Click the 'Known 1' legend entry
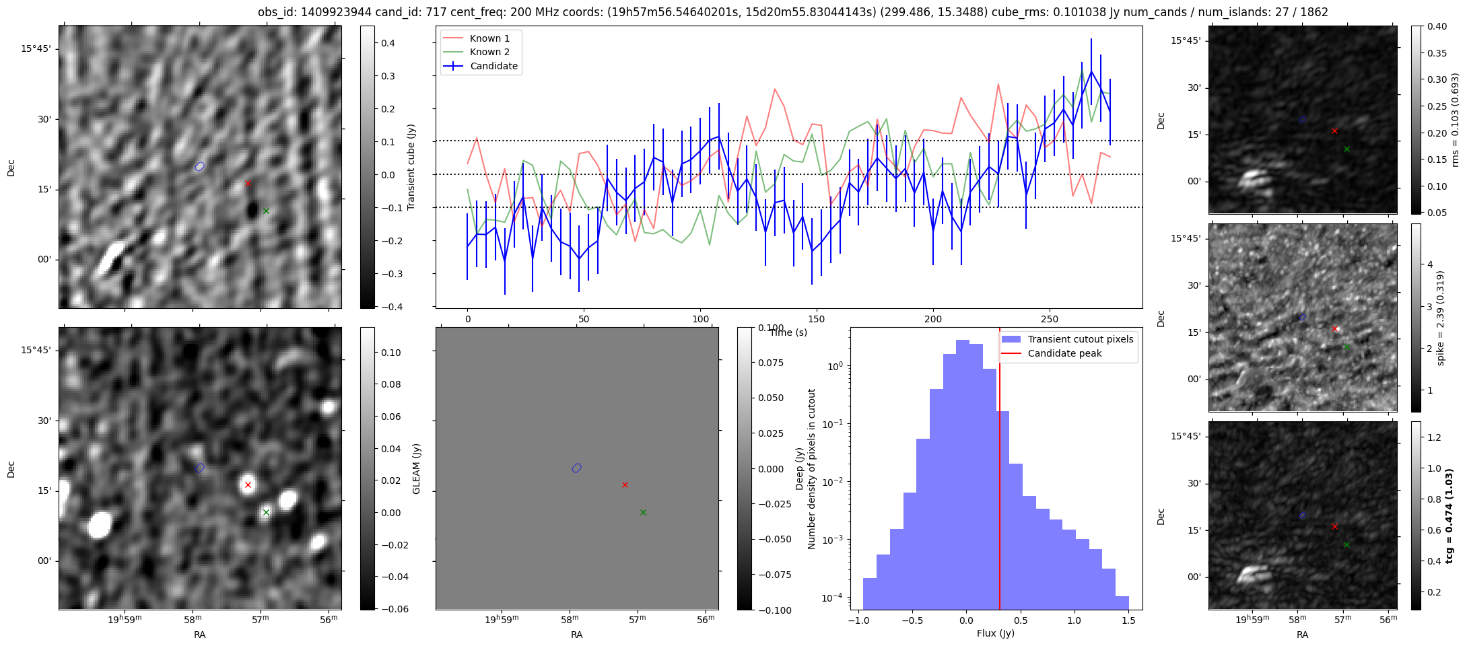(x=489, y=38)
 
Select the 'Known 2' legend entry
(x=489, y=52)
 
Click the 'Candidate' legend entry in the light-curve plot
(x=493, y=66)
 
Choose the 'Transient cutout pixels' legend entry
(x=1080, y=339)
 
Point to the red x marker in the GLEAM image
(x=248, y=485)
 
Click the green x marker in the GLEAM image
(x=266, y=512)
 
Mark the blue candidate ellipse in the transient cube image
(x=199, y=166)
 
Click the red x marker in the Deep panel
(x=625, y=485)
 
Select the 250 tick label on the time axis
(x=1049, y=319)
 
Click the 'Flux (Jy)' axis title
(x=995, y=633)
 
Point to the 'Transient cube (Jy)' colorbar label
(x=411, y=167)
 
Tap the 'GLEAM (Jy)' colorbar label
(x=416, y=469)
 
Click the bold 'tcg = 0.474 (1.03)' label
(x=1449, y=515)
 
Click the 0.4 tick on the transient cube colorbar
(x=388, y=43)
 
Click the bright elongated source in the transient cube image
(x=110, y=258)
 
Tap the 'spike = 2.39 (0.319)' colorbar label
(x=1441, y=318)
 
